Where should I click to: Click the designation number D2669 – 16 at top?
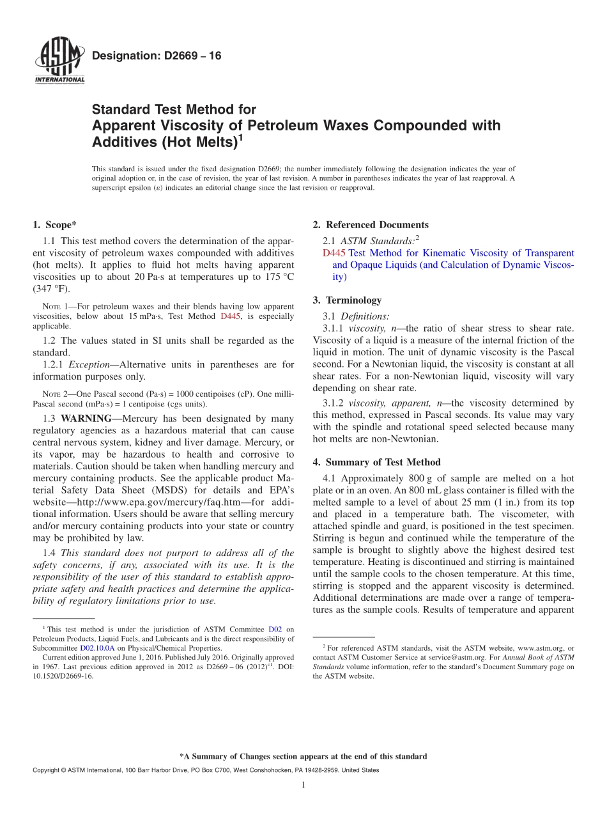157,56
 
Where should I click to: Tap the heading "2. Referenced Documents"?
371,225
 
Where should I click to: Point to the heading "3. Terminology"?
347,300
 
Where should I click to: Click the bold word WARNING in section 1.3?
86,419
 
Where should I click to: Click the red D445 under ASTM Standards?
334,253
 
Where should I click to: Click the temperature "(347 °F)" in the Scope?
50,289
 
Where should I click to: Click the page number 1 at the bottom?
303,786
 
